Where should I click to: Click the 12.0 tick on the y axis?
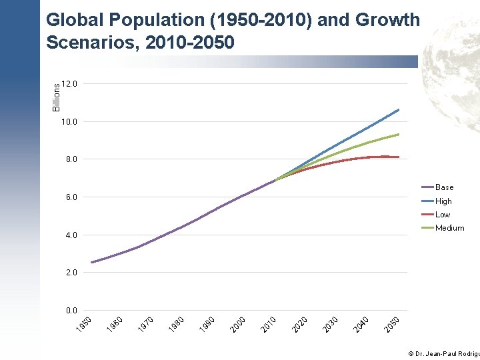69,84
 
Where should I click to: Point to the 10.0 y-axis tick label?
69,122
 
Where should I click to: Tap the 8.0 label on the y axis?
71,160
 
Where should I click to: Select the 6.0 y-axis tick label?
71,197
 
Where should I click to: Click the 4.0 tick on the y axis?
71,235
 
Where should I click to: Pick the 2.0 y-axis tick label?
71,273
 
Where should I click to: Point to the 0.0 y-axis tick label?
71,311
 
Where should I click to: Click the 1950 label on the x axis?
83,323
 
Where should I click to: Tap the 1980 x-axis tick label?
177,323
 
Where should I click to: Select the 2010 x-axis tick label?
269,323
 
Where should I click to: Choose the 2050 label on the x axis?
392,323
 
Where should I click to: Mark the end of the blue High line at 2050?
399,109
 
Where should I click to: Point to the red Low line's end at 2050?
399,157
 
